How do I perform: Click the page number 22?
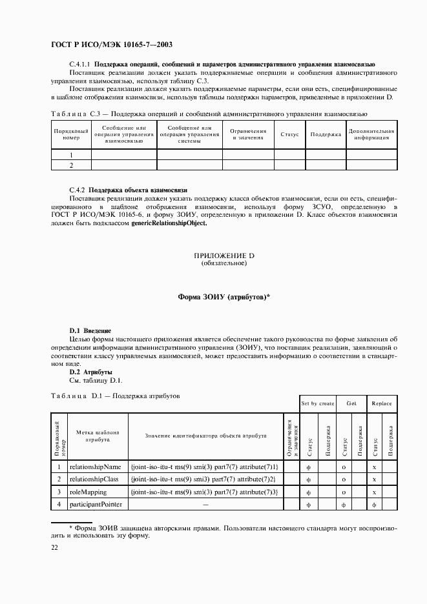tap(55, 547)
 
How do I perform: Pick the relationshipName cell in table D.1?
tap(98, 467)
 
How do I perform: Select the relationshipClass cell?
tap(98, 479)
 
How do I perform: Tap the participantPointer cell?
tap(98, 503)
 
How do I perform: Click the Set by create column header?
tap(317, 403)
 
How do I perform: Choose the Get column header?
tap(351, 403)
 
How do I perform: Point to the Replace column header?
tap(381, 403)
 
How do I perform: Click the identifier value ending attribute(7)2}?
tap(203, 479)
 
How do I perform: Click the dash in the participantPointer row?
tap(205, 503)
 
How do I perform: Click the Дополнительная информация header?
tap(371, 134)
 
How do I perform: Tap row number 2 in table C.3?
tap(71, 165)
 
